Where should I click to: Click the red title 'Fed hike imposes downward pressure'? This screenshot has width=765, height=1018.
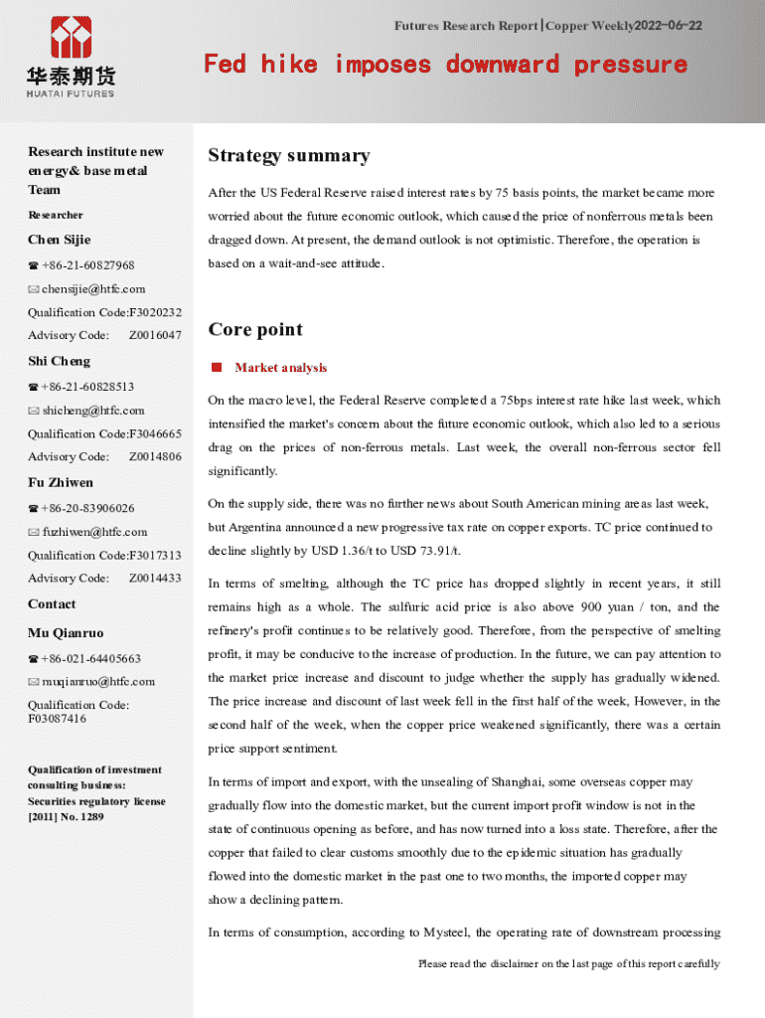(x=445, y=65)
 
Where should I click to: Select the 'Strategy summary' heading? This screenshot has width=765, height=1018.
(x=288, y=155)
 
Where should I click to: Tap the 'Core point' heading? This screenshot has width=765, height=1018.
(x=255, y=329)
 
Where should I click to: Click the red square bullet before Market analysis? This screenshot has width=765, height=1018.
(x=216, y=368)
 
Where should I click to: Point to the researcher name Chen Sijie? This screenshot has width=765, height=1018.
(x=59, y=240)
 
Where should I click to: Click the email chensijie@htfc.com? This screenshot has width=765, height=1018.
(x=93, y=289)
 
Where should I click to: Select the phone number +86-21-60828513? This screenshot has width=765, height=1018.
(x=87, y=387)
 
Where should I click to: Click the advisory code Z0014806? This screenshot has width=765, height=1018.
(x=155, y=457)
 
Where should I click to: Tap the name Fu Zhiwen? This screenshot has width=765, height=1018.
(x=61, y=483)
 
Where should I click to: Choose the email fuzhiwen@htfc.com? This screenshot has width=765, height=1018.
(x=94, y=532)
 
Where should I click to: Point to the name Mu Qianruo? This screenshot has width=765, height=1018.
(x=66, y=633)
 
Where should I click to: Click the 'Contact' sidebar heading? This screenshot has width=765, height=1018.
(x=52, y=604)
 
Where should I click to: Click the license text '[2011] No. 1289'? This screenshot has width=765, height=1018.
(x=66, y=817)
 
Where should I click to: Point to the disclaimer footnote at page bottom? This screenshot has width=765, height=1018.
(x=568, y=964)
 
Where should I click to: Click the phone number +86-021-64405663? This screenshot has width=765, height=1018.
(x=90, y=659)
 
